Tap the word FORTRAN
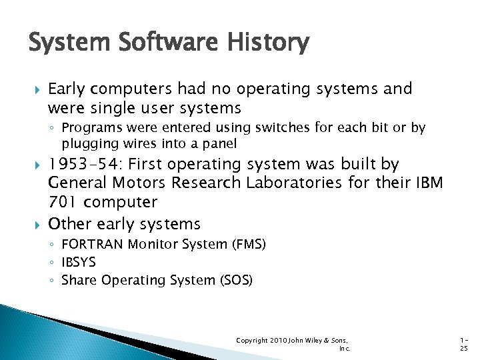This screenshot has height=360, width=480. [x=90, y=245]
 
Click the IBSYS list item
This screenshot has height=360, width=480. [x=79, y=263]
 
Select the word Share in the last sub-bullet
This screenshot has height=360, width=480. [x=79, y=281]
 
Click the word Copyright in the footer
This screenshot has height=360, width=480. [x=252, y=341]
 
